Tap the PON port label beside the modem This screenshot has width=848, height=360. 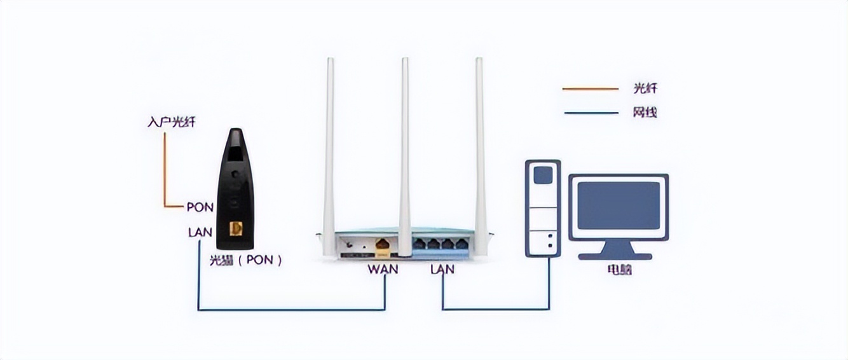tap(200, 207)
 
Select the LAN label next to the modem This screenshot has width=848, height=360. tap(200, 232)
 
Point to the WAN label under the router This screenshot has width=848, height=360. tap(383, 269)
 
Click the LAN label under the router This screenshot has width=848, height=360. tap(442, 269)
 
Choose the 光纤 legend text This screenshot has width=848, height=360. tap(645, 88)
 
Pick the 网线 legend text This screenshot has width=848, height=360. tap(645, 113)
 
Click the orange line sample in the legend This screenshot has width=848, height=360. tap(590, 89)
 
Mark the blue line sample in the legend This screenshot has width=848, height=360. tap(590, 113)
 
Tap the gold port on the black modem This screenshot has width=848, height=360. tap(238, 228)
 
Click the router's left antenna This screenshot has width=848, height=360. tap(329, 146)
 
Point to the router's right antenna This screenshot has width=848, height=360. tap(480, 146)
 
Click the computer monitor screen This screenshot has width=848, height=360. tap(618, 205)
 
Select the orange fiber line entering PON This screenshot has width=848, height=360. tap(165, 172)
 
